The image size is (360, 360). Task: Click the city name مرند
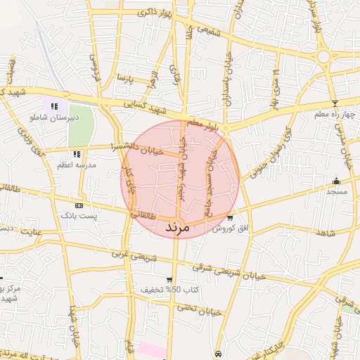click(177, 228)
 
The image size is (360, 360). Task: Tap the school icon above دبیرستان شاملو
click(54, 106)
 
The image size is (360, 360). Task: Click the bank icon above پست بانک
click(79, 205)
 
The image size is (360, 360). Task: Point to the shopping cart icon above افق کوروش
click(230, 218)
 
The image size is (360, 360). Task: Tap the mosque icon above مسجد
click(336, 181)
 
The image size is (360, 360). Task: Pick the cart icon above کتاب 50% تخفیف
click(169, 280)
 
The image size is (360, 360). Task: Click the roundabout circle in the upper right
click(324, 56)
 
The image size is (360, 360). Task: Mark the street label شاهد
click(326, 232)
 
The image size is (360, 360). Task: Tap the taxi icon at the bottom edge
click(219, 354)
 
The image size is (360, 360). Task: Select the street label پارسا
click(124, 76)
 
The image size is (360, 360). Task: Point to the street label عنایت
click(32, 230)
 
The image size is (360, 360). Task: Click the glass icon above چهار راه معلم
click(335, 104)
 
